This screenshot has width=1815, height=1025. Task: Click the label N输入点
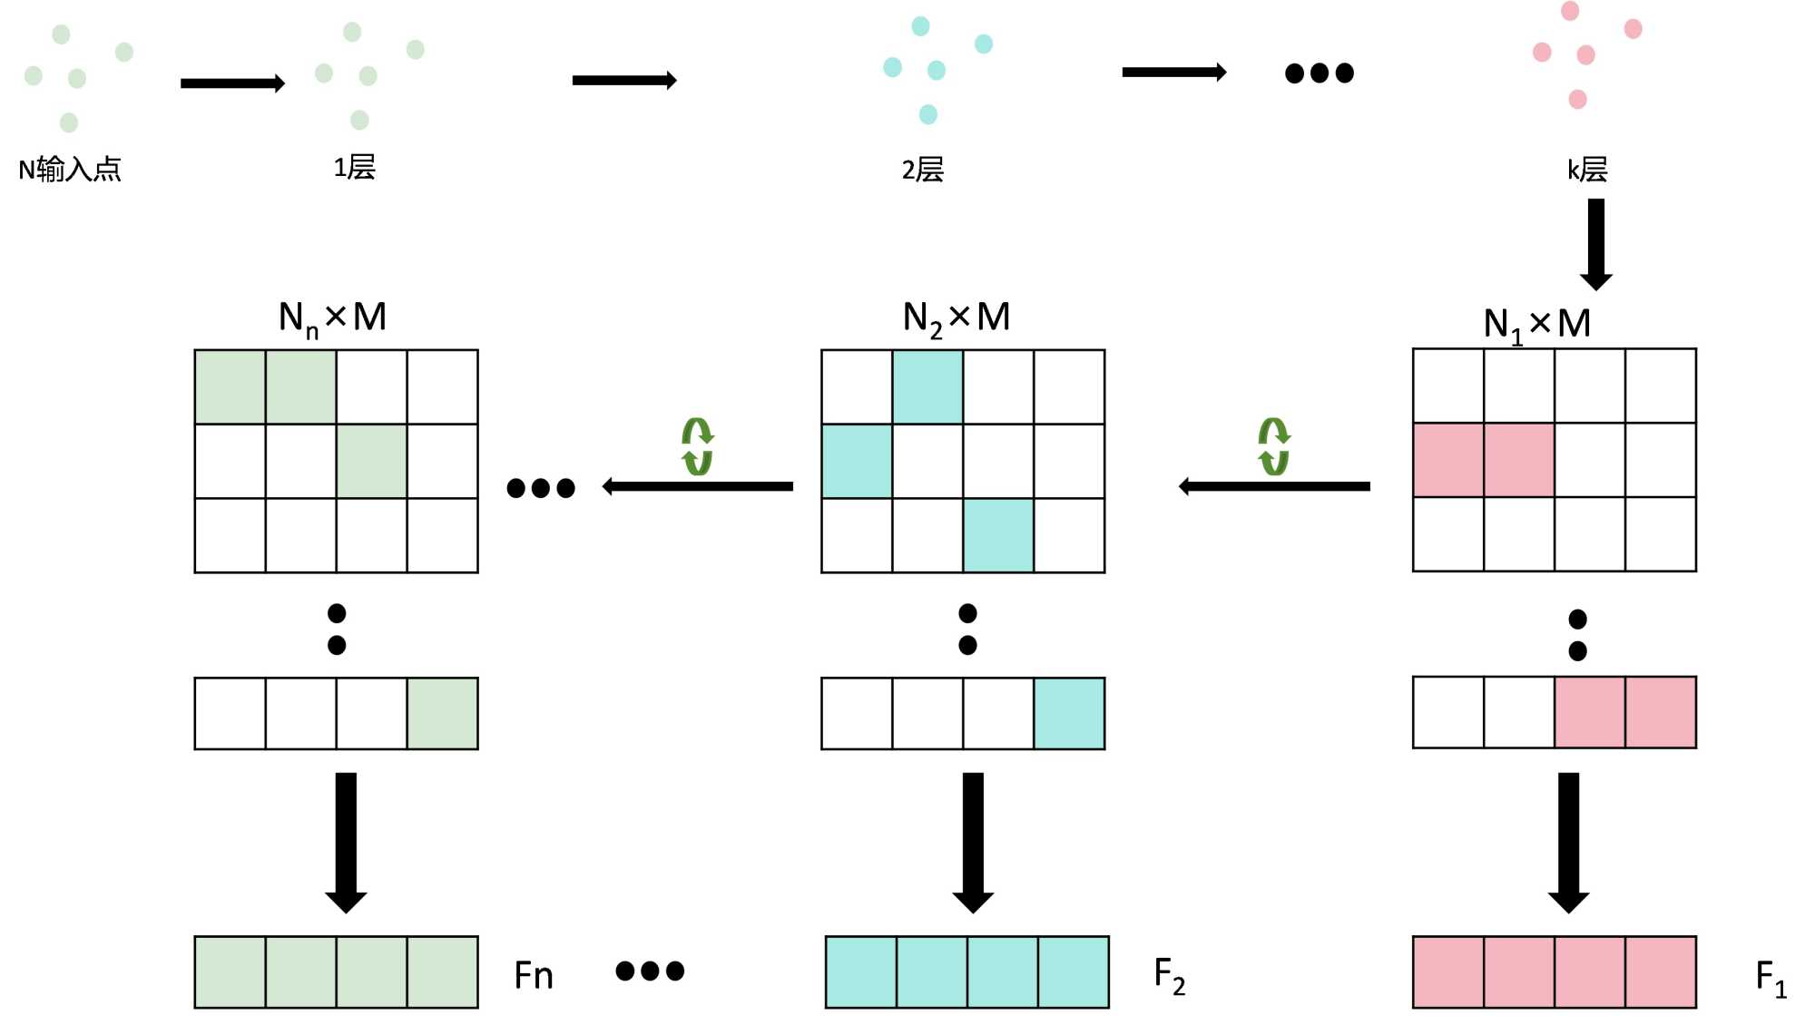(70, 169)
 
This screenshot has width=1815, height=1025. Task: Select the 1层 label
(354, 167)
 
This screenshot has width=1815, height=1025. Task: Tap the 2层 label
(922, 170)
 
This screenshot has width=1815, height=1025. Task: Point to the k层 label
(1587, 170)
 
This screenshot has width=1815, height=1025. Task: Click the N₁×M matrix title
(1536, 324)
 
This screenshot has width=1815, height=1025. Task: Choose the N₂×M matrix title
(957, 317)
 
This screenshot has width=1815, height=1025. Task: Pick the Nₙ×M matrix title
(332, 317)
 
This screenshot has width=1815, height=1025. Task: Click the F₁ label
(1771, 979)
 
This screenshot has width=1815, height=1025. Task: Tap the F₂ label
(1169, 976)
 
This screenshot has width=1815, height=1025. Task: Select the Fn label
(534, 976)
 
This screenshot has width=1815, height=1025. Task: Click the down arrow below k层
(1596, 243)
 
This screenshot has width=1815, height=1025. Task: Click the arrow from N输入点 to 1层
(232, 83)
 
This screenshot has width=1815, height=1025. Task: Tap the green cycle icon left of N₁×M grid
(1274, 446)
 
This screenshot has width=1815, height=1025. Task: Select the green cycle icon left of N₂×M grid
(697, 446)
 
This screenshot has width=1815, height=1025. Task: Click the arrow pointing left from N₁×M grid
(1274, 487)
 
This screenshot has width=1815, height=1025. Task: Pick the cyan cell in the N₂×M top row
(927, 387)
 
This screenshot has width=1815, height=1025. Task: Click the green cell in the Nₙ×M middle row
(371, 462)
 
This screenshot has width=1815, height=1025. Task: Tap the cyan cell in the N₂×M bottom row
(998, 535)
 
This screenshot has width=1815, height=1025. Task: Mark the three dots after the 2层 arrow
(1319, 73)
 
